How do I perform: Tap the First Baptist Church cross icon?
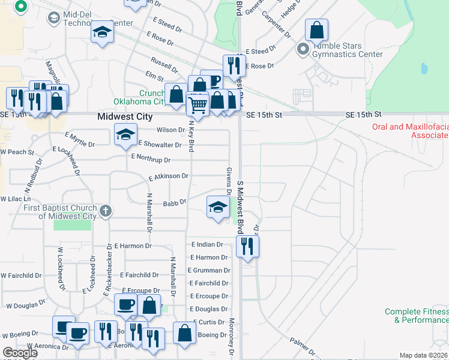click(106, 211)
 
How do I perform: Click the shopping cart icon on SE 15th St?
click(197, 105)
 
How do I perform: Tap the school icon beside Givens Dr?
click(218, 207)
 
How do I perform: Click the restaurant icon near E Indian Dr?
click(247, 245)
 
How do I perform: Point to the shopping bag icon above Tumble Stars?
click(316, 29)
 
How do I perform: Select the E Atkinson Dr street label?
click(169, 177)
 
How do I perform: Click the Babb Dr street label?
click(175, 203)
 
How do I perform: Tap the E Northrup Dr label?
click(151, 160)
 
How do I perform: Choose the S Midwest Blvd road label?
click(240, 207)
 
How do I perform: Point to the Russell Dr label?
click(164, 62)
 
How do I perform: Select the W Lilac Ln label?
click(16, 199)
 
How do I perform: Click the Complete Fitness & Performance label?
click(417, 316)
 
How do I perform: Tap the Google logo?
click(19, 353)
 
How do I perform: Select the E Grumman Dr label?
click(209, 271)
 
